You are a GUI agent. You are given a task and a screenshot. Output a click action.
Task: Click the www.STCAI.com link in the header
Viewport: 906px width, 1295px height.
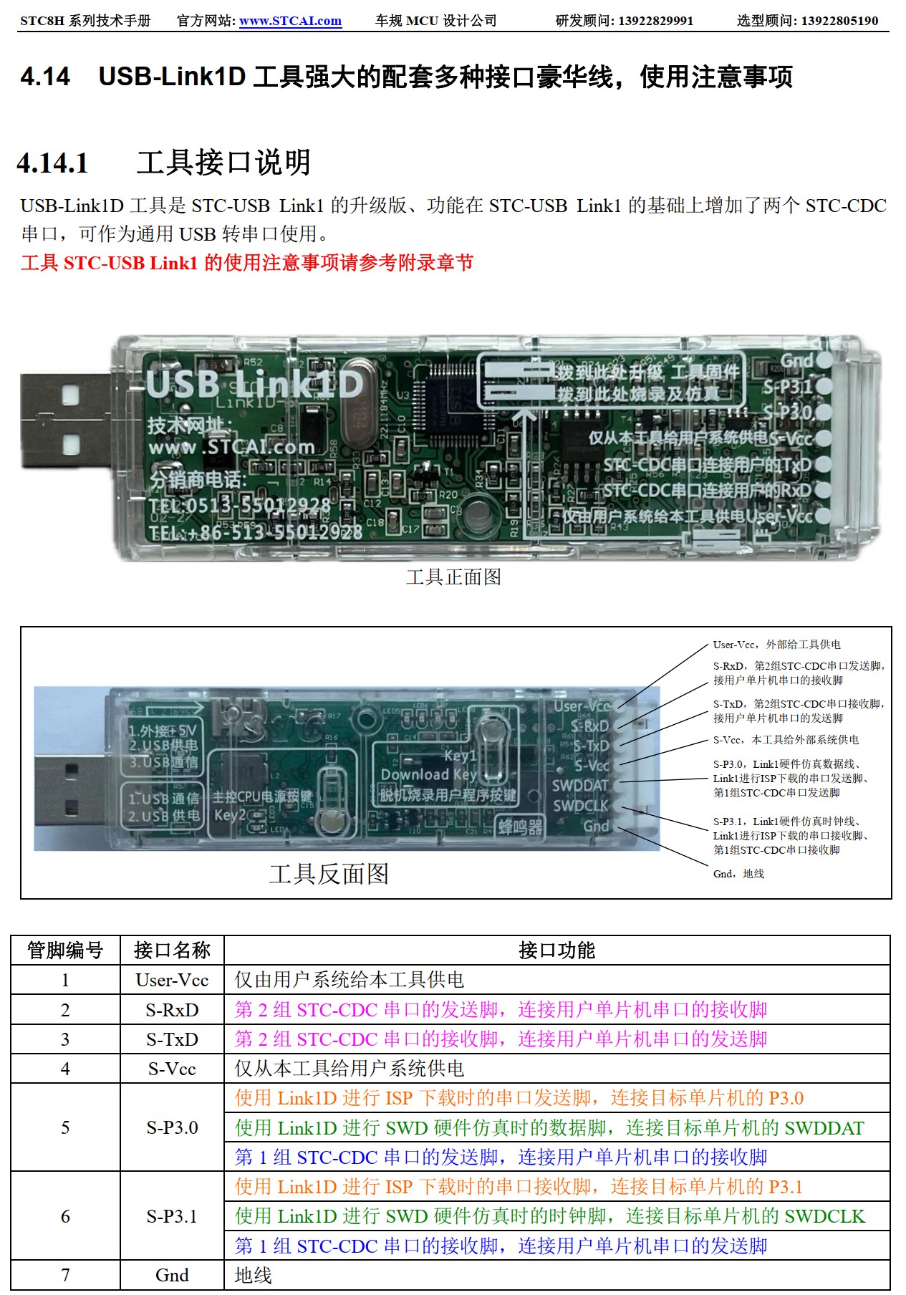(290, 21)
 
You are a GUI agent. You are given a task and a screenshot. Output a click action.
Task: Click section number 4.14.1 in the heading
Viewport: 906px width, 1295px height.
(53, 163)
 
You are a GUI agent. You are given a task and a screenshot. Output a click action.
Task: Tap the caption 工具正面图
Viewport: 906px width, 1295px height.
(453, 577)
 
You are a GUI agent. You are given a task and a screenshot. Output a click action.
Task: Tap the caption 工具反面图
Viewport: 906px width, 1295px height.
(329, 873)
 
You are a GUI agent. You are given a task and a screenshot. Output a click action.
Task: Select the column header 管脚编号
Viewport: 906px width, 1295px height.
(65, 950)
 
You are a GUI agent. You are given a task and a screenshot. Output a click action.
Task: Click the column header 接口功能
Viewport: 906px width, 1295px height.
(556, 950)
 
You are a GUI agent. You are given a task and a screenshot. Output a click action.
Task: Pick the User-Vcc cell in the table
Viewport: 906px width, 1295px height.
(172, 980)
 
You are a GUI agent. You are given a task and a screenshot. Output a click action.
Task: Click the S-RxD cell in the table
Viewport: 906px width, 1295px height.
(172, 1010)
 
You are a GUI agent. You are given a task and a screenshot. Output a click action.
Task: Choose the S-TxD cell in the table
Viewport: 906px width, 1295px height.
(172, 1039)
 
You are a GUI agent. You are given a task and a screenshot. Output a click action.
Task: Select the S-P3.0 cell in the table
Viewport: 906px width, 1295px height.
(172, 1127)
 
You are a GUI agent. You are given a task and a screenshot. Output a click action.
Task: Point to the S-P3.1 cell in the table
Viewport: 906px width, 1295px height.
(172, 1216)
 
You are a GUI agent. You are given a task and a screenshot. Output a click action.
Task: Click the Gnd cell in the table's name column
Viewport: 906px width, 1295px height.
(172, 1275)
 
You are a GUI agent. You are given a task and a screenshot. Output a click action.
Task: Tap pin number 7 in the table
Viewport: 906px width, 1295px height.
(65, 1275)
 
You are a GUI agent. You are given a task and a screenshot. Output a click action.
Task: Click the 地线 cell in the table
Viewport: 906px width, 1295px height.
(254, 1275)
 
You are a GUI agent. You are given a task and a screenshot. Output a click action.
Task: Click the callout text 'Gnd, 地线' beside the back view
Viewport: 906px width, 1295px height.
(738, 874)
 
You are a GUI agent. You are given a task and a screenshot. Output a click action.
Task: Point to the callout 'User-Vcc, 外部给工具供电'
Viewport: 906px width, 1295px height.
(776, 645)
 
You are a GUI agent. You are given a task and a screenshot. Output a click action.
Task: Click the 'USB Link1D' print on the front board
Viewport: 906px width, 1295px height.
(255, 385)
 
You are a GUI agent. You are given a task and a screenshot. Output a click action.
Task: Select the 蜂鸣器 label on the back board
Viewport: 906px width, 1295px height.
(520, 827)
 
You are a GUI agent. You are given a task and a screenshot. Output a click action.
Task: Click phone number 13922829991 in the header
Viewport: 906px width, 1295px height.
(655, 21)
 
